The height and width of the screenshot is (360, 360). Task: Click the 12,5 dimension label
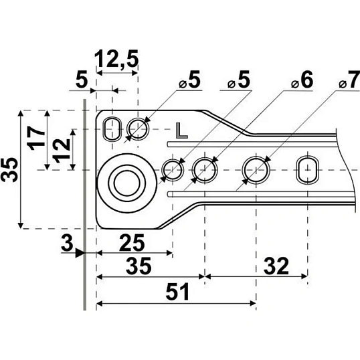(116, 59)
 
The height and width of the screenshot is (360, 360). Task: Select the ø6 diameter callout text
(302, 80)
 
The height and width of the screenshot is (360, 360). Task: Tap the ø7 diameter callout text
(349, 80)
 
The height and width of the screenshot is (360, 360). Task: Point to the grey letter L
(182, 130)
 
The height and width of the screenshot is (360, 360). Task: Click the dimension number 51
(178, 292)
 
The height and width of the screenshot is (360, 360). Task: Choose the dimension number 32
(276, 266)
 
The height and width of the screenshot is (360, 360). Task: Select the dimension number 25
(132, 243)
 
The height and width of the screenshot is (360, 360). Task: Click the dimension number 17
(36, 139)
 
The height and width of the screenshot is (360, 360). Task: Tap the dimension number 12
(62, 151)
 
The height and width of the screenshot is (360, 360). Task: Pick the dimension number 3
(67, 243)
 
